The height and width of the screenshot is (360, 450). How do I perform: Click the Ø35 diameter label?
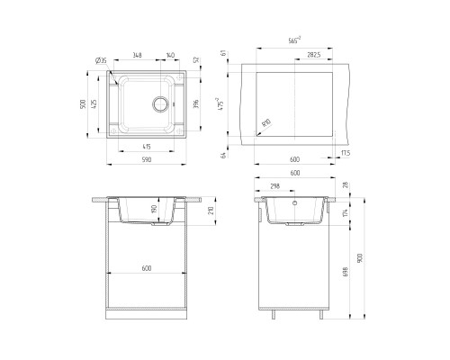click(x=101, y=61)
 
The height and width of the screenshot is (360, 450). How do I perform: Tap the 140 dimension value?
click(x=171, y=54)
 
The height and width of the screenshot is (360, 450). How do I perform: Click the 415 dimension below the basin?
click(x=147, y=146)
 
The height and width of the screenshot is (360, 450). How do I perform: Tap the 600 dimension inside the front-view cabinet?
click(x=147, y=268)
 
